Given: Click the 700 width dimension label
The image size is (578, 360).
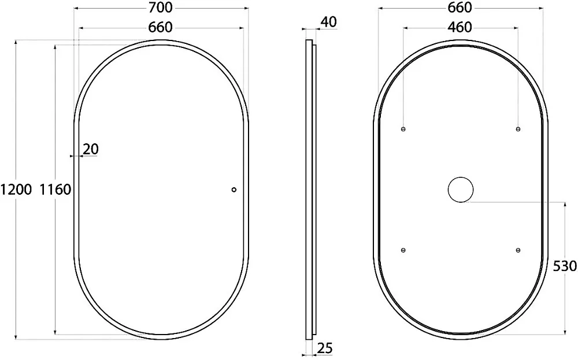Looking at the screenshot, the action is (161, 7).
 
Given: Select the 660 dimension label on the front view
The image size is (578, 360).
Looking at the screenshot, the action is (160, 27).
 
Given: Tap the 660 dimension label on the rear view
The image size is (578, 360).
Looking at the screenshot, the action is (460, 7).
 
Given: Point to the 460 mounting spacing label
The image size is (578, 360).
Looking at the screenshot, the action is (460, 27).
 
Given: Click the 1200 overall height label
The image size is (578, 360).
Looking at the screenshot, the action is (16, 190).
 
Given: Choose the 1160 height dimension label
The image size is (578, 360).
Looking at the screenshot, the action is (55, 190).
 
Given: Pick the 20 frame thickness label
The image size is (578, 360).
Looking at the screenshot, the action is (91, 149).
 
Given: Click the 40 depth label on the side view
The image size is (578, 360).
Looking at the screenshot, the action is (328, 22).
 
